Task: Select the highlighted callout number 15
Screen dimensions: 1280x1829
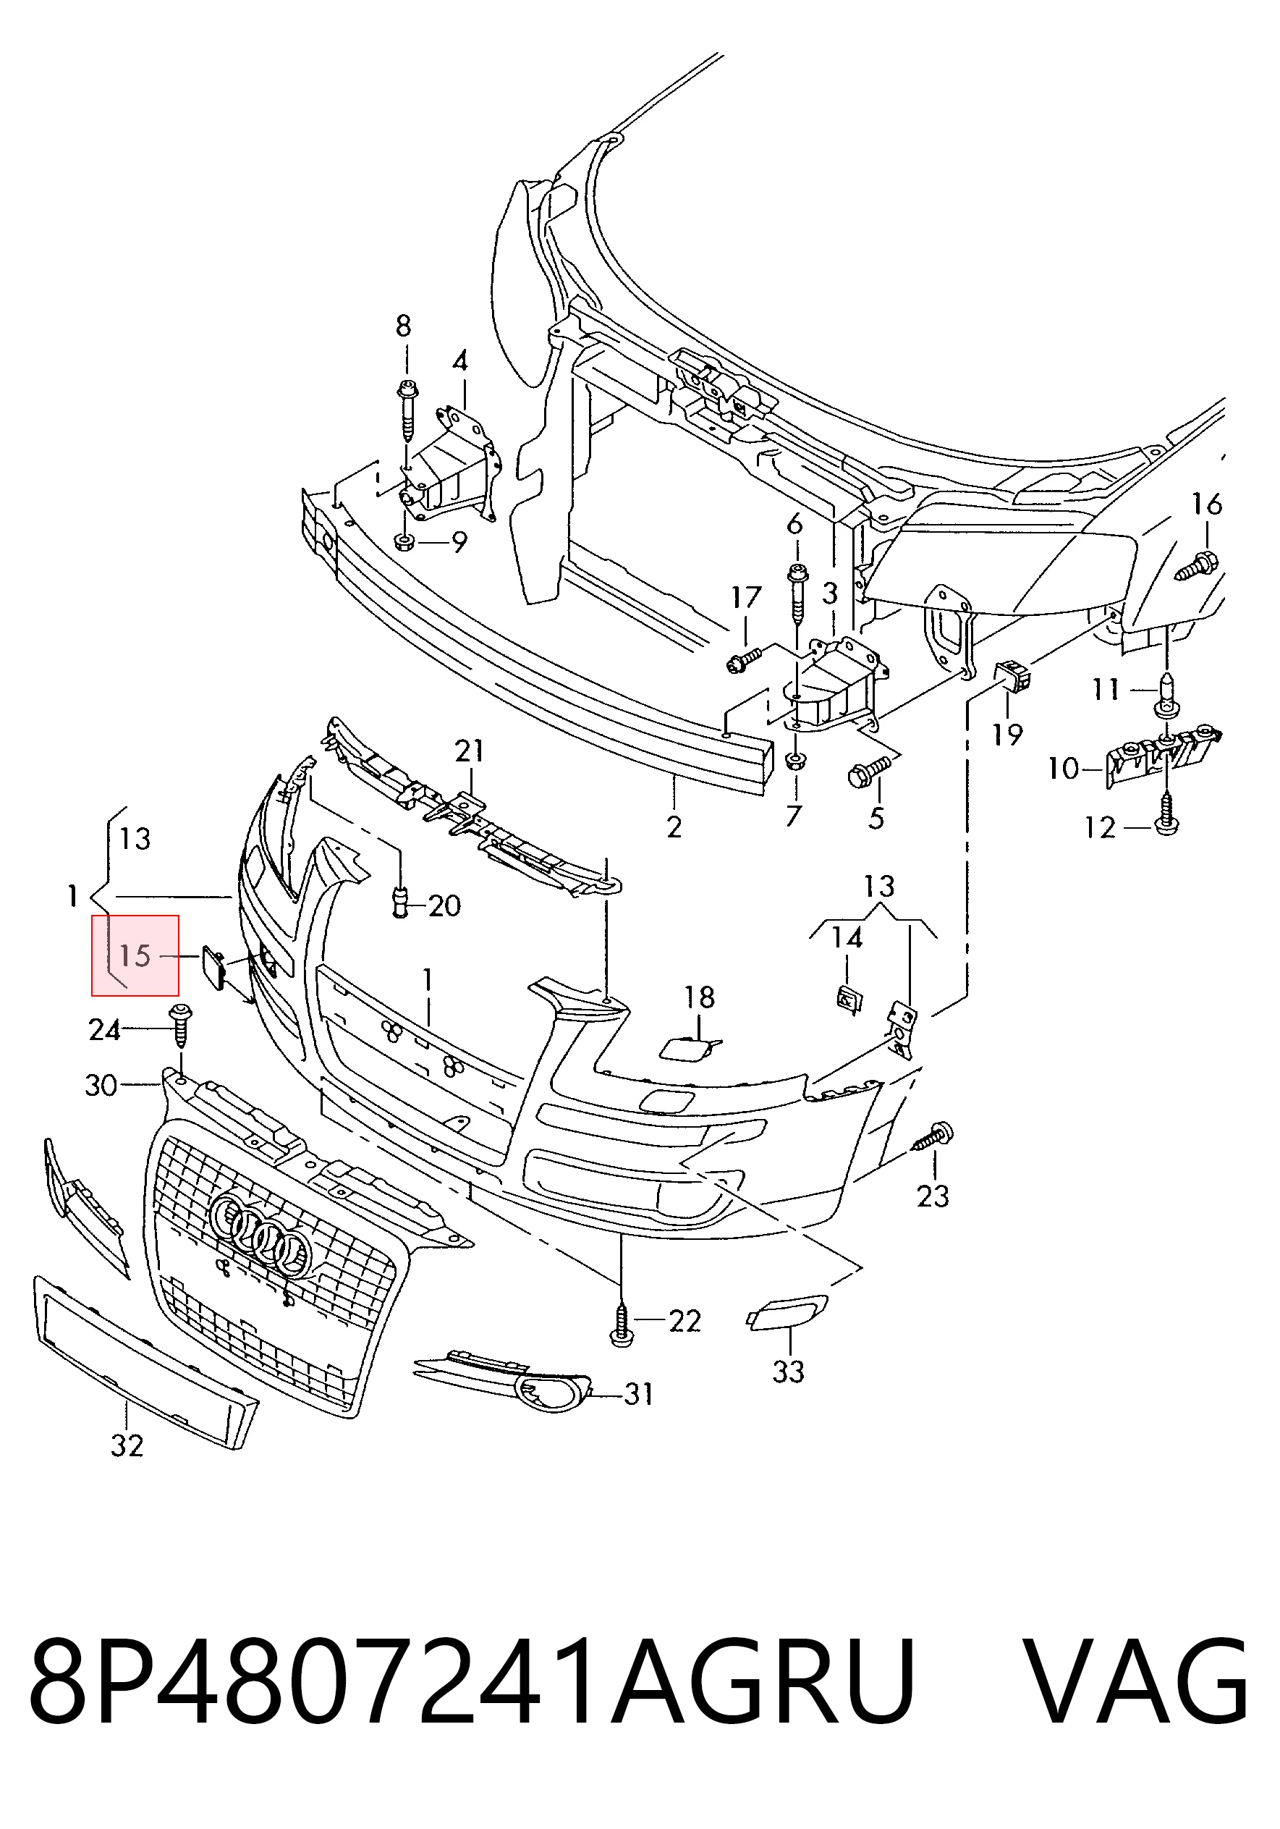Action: click(x=135, y=955)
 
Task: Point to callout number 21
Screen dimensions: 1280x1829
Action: click(x=469, y=751)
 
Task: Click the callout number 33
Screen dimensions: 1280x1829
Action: click(x=788, y=1371)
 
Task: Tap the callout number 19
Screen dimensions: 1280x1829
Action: click(x=1006, y=735)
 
